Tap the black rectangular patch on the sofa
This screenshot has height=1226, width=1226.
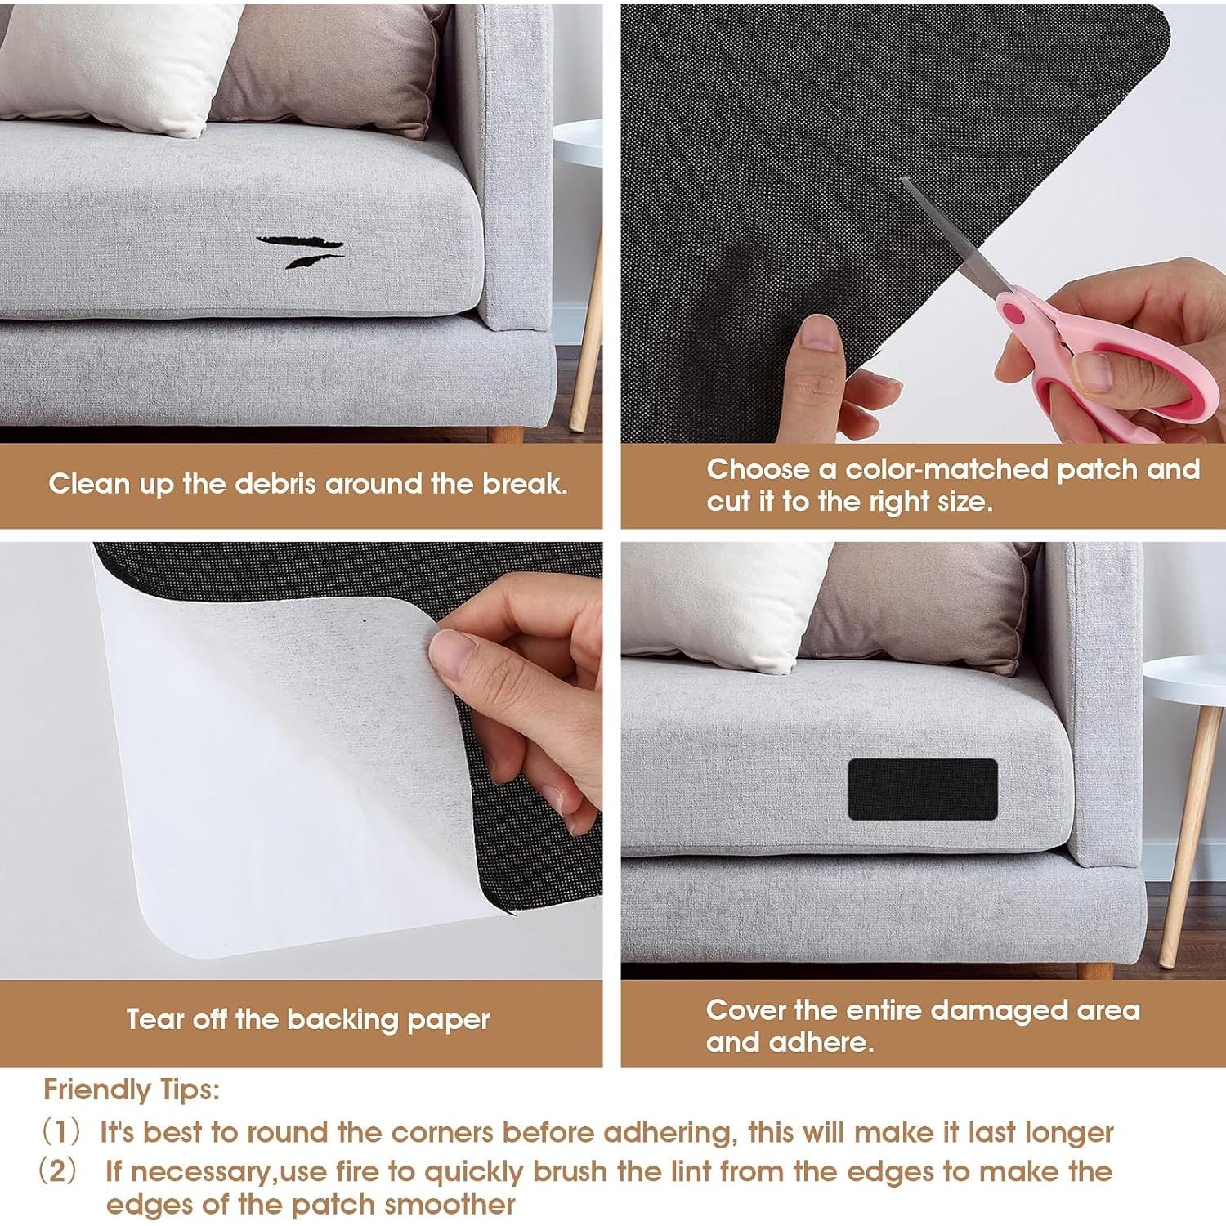click(x=922, y=790)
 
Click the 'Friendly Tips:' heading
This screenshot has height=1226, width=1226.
click(x=132, y=1090)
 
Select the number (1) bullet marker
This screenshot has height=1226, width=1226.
click(x=61, y=1132)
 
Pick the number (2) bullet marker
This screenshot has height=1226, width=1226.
click(x=58, y=1170)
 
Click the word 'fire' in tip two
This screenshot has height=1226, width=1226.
click(x=356, y=1171)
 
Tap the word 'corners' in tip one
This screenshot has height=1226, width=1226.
click(x=442, y=1132)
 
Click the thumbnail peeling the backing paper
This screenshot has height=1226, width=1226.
click(x=454, y=653)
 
